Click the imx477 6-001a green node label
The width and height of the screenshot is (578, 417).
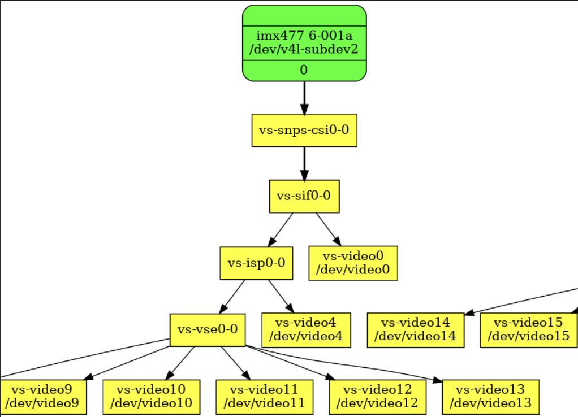point(304,43)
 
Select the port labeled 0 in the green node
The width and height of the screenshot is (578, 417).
point(304,70)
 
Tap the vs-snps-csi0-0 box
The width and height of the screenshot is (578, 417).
point(304,131)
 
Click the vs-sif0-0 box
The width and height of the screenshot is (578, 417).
point(304,196)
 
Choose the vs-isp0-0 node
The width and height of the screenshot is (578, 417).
point(257,263)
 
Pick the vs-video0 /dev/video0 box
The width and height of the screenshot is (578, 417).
point(353,263)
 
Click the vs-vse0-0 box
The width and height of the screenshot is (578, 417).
point(208,330)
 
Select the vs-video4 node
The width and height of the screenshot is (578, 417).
point(306,330)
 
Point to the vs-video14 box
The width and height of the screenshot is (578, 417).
point(416,330)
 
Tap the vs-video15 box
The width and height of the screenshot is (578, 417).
point(529,330)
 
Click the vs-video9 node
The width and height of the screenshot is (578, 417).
point(42,397)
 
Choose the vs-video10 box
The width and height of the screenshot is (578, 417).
point(152,397)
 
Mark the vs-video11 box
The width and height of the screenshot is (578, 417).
point(265,397)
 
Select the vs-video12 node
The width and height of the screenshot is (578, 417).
point(377,397)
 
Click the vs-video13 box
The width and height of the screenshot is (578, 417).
point(491,397)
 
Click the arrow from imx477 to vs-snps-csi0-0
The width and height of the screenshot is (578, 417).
point(304,98)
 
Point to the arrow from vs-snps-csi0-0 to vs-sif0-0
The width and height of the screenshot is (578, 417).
point(304,163)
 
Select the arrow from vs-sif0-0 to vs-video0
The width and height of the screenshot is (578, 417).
point(329,229)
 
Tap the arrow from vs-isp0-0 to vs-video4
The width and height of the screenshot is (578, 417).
point(281,297)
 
